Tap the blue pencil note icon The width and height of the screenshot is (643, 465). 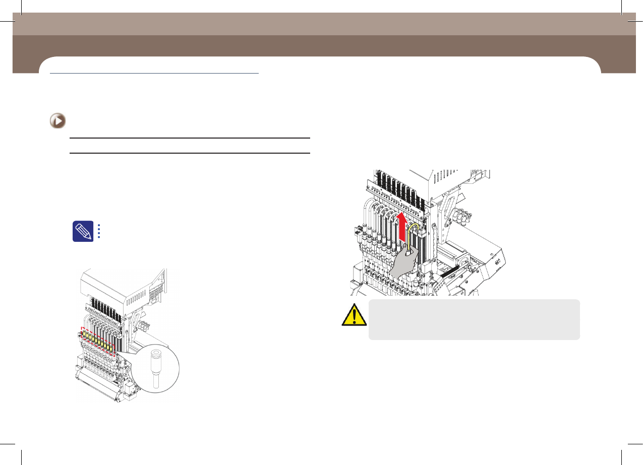pyautogui.click(x=82, y=231)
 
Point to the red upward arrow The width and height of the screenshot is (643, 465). pyautogui.click(x=402, y=227)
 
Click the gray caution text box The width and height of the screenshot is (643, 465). pyautogui.click(x=474, y=319)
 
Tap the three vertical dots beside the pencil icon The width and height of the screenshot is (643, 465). pyautogui.click(x=99, y=231)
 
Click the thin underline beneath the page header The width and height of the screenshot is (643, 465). pyautogui.click(x=154, y=73)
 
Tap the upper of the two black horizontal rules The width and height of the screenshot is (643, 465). pyautogui.click(x=189, y=138)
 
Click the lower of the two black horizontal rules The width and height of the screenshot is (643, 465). pyautogui.click(x=189, y=153)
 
